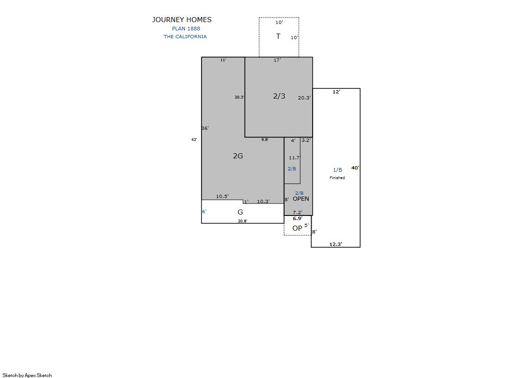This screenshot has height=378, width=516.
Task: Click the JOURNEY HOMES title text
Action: (182, 20)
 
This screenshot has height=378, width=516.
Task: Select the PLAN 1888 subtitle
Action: (186, 29)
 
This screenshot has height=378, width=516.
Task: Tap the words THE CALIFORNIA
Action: (185, 36)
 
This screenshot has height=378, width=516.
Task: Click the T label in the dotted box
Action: (278, 36)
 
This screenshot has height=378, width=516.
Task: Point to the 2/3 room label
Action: (279, 96)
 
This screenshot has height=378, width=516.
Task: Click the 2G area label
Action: (238, 156)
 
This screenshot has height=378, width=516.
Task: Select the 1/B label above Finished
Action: (338, 170)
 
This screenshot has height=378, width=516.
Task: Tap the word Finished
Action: (337, 178)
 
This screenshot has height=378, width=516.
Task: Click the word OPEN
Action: (301, 198)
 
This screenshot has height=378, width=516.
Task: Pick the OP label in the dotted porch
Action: (297, 228)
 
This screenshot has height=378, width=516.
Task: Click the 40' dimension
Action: (355, 168)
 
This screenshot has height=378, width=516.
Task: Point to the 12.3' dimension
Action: (336, 244)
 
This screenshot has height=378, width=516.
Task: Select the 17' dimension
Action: (278, 60)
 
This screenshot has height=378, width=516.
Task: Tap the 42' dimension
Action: (194, 140)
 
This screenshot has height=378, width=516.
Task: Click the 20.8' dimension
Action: (243, 221)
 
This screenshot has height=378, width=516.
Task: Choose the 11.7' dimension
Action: (295, 158)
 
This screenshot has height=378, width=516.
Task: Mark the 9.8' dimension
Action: (265, 140)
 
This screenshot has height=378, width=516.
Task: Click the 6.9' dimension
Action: (297, 219)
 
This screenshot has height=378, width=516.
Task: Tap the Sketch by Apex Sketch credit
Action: (27, 375)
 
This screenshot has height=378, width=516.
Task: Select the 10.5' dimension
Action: (222, 196)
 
